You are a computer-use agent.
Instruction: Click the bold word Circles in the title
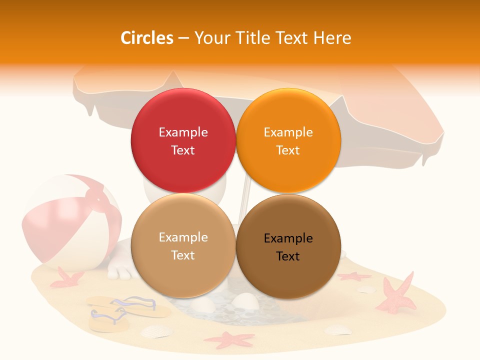coord(147,38)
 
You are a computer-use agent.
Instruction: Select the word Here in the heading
coord(332,38)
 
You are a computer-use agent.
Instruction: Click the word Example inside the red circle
coord(183,132)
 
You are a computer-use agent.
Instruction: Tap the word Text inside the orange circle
coord(288,150)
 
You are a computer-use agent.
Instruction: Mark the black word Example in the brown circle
coord(288,238)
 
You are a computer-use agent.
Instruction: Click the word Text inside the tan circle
coord(183,255)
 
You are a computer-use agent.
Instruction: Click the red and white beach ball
coord(70,220)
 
